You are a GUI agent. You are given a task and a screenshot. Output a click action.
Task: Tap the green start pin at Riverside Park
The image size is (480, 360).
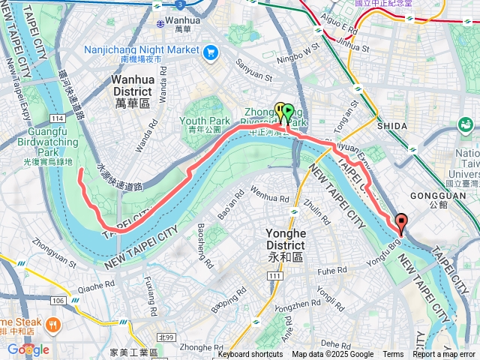[287, 113]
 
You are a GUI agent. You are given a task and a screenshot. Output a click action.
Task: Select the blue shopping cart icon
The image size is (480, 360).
[210, 52]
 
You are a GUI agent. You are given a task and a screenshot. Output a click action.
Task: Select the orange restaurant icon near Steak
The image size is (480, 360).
[52, 325]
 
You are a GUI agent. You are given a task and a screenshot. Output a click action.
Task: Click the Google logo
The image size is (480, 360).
[28, 349]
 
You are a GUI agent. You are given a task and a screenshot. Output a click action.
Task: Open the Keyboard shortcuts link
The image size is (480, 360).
[250, 355]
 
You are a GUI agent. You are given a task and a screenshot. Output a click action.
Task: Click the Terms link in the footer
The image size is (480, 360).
[393, 355]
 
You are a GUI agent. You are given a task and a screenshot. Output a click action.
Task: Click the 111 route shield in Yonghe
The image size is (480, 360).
[274, 277]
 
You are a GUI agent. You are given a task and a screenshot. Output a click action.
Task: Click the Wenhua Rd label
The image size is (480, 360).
[253, 199]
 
